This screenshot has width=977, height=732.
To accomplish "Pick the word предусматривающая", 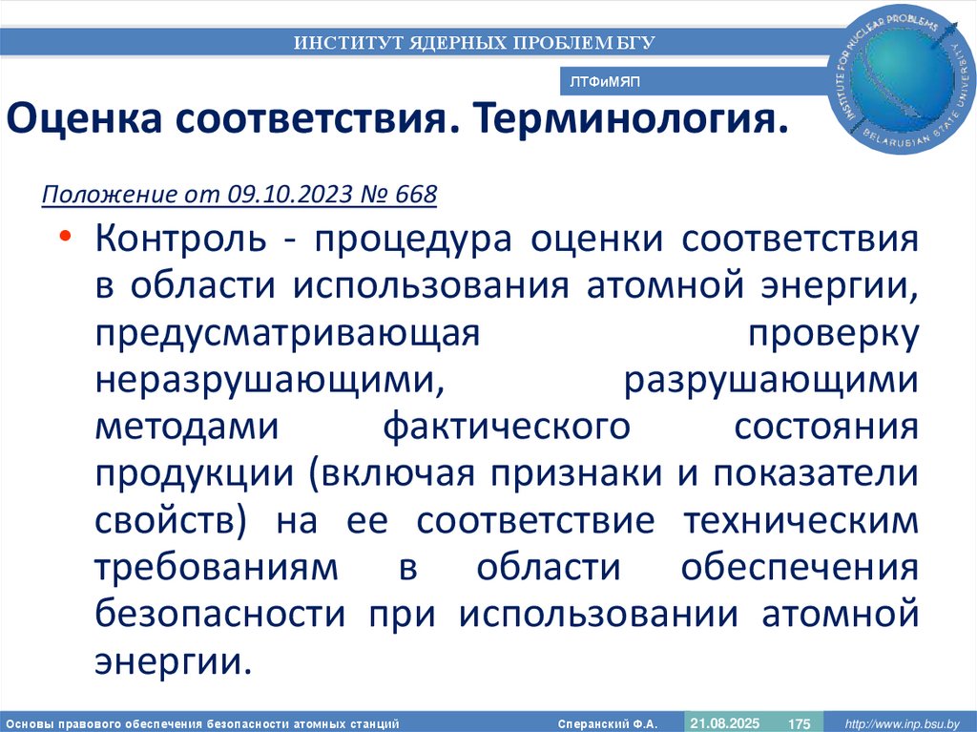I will pos(285,333).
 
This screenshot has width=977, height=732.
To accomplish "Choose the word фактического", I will pos(507,427).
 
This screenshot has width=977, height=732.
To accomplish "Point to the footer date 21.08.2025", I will pos(724,723).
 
